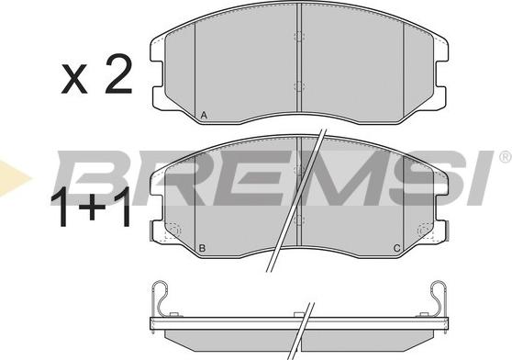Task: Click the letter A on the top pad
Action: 204,116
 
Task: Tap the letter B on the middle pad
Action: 202,248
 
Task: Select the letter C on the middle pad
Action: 396,248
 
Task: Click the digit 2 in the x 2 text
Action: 118,74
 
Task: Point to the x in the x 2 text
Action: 74,79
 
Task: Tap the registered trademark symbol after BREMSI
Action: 505,157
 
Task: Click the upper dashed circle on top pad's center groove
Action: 299,36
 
